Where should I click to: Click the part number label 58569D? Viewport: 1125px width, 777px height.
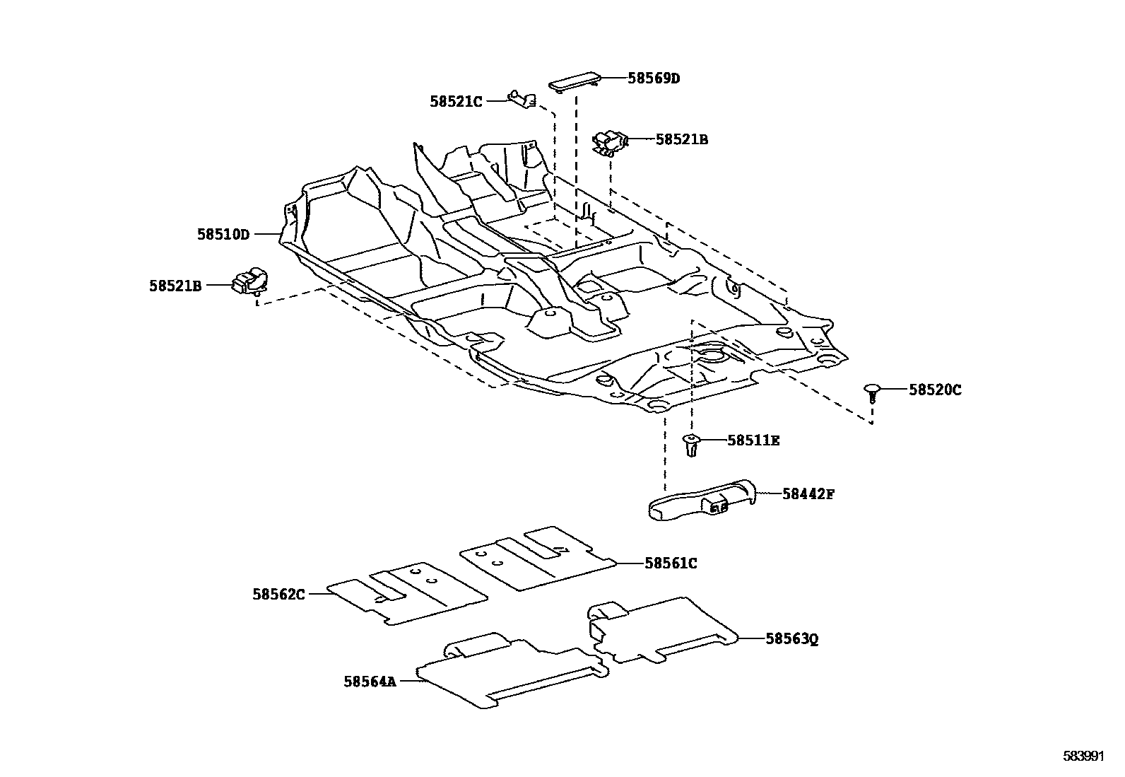[x=654, y=78]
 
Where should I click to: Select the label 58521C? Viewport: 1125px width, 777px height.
[x=456, y=102]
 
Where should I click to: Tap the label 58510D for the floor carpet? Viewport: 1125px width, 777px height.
[x=223, y=234]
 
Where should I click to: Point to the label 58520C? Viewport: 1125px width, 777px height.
[x=935, y=390]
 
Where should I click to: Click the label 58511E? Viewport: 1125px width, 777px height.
[x=753, y=441]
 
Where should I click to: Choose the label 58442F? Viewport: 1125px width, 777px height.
[x=808, y=494]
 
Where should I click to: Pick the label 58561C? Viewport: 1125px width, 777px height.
[x=671, y=563]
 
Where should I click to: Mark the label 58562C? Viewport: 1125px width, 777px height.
[x=278, y=595]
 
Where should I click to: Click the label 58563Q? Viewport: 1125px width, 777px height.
[x=792, y=639]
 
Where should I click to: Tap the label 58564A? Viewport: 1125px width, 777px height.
[x=370, y=682]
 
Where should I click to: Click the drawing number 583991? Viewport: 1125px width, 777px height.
[x=1083, y=756]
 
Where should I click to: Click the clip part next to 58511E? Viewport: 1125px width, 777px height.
[x=691, y=445]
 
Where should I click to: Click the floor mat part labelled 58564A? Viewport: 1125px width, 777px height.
[x=509, y=672]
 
